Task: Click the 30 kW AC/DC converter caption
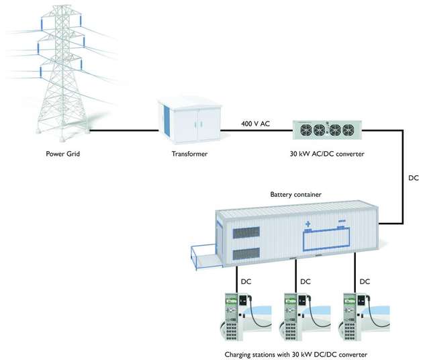(x=326, y=154)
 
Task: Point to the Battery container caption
(x=297, y=195)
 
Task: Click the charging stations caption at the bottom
(x=296, y=353)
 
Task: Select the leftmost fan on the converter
(x=304, y=130)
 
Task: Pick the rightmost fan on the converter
(x=349, y=130)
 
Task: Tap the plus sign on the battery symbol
(x=309, y=224)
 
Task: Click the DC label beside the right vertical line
(x=414, y=180)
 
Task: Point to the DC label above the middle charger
(x=305, y=282)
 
